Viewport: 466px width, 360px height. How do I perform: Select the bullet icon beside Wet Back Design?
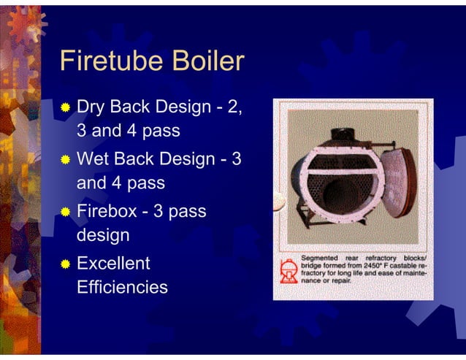click(x=66, y=158)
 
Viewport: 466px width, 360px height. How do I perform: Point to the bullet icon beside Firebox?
click(x=66, y=211)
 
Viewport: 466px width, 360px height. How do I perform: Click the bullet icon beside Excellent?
click(x=66, y=262)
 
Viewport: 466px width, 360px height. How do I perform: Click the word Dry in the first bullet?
click(x=91, y=108)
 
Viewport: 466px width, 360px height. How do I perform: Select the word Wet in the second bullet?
click(x=93, y=158)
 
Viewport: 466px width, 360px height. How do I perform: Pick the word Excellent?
click(x=113, y=262)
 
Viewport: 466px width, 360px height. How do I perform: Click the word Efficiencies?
click(x=122, y=288)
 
